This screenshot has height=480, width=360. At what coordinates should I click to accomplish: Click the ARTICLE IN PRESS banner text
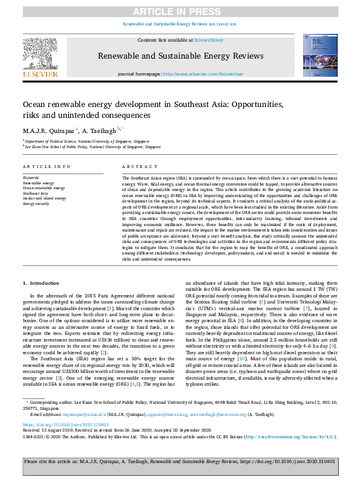[180, 12]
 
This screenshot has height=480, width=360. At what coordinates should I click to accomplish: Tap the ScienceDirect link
[208, 40]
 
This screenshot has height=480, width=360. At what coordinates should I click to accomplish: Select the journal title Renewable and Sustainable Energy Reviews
[180, 56]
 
